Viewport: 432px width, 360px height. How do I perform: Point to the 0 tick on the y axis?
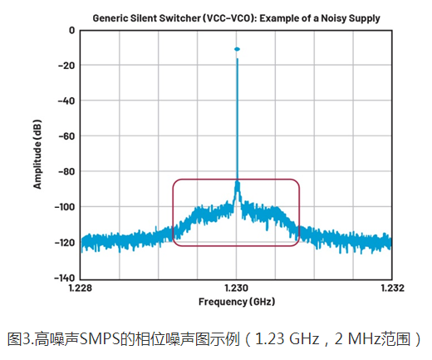pyautogui.click(x=72, y=30)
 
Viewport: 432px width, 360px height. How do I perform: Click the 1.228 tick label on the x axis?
pyautogui.click(x=80, y=288)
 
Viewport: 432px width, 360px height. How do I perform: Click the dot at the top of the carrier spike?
pyautogui.click(x=237, y=50)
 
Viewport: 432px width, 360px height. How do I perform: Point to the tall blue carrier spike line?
pyautogui.click(x=237, y=125)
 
